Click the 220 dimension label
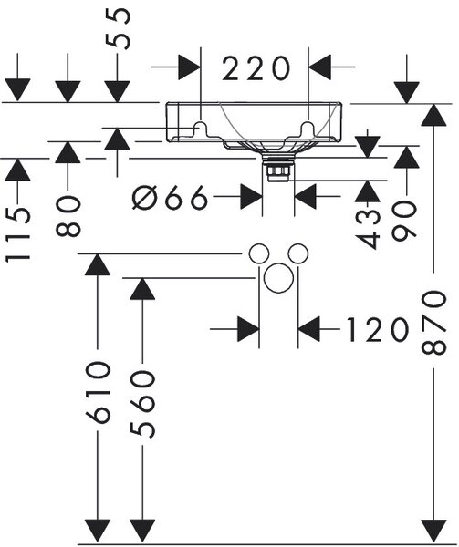click(x=256, y=68)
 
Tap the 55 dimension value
click(x=119, y=29)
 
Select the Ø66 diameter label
click(x=171, y=197)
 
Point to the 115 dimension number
click(x=18, y=234)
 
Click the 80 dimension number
click(x=68, y=216)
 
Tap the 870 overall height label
click(x=433, y=323)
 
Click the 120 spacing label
click(x=377, y=329)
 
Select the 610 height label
click(x=98, y=392)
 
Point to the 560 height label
click(x=142, y=404)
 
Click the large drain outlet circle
click(x=278, y=277)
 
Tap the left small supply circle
click(x=259, y=254)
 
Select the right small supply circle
click(x=298, y=254)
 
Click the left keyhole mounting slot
click(x=201, y=128)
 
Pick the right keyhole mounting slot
click(x=308, y=128)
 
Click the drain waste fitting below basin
click(x=278, y=169)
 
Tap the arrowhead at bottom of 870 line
click(x=433, y=532)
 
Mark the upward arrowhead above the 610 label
click(x=98, y=264)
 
